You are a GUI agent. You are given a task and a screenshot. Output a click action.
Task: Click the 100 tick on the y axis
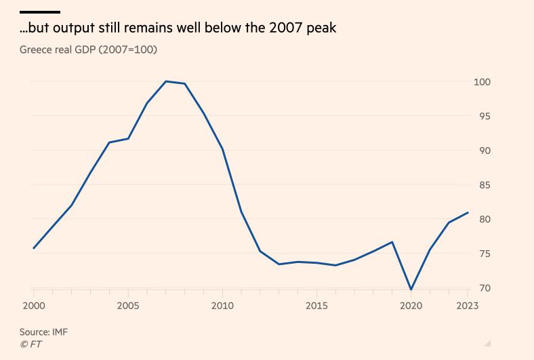click(x=482, y=82)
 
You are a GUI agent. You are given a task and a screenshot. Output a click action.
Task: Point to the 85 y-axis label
click(x=482, y=185)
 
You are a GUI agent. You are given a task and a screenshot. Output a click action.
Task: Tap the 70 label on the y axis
click(x=482, y=288)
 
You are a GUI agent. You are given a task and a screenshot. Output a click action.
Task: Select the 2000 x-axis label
click(x=34, y=306)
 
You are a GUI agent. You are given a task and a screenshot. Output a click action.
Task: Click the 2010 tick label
click(x=222, y=306)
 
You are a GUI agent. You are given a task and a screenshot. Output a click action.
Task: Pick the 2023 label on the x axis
click(x=467, y=306)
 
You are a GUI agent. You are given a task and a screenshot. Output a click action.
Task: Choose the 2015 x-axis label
click(x=316, y=306)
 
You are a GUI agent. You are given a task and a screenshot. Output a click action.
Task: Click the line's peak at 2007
click(x=166, y=81)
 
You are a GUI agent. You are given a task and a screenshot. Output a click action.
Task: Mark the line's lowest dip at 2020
click(x=411, y=289)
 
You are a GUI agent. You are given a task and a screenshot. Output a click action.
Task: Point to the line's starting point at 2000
click(x=34, y=248)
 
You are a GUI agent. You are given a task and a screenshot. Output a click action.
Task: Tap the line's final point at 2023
click(x=468, y=213)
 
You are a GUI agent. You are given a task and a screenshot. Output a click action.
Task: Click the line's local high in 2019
click(x=392, y=242)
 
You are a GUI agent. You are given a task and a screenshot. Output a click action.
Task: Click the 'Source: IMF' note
click(x=44, y=332)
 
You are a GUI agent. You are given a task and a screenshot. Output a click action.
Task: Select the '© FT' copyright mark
click(x=30, y=344)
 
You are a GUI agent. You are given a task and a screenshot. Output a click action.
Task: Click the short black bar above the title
click(x=40, y=12)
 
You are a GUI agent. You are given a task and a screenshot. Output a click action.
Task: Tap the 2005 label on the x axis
click(x=128, y=306)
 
